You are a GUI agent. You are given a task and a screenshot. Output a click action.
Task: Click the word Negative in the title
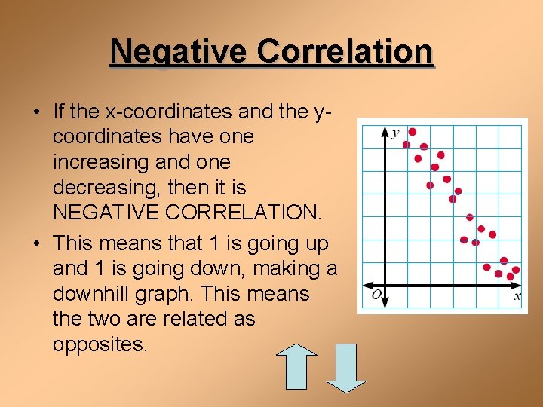click(x=178, y=52)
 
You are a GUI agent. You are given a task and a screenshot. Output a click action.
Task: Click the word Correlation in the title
click(x=345, y=52)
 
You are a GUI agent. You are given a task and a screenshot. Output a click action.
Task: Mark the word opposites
click(x=101, y=344)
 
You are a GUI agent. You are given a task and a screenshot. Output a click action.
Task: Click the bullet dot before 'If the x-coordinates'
click(x=36, y=112)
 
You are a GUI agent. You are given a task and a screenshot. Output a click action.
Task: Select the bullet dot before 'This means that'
click(x=36, y=243)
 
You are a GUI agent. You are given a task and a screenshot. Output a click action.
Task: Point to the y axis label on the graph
click(x=395, y=133)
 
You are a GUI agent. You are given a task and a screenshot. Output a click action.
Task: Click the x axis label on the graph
click(x=517, y=296)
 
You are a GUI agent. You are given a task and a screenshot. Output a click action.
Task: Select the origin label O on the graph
click(x=376, y=294)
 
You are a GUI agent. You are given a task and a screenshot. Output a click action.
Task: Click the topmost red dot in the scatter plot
click(x=412, y=132)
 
